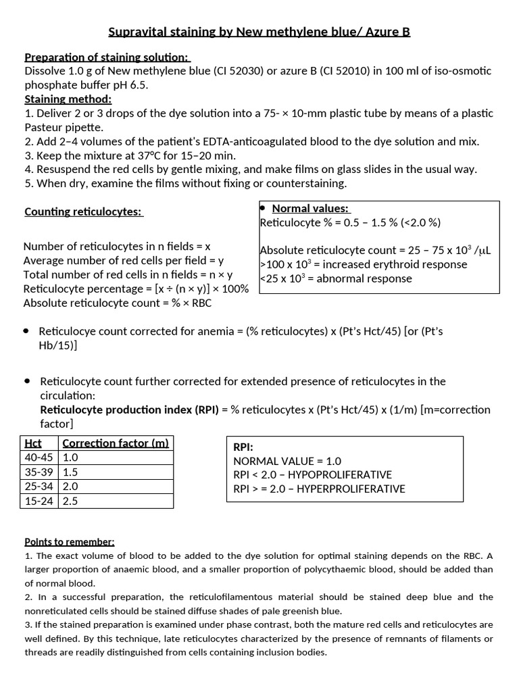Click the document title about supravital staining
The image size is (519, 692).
(x=259, y=32)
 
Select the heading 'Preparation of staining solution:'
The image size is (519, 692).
(x=107, y=57)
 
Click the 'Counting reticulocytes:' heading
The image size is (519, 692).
(x=83, y=212)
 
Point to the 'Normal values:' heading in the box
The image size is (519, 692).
(x=310, y=209)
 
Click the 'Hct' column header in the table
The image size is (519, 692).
(x=32, y=443)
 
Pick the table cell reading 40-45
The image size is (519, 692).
(x=39, y=458)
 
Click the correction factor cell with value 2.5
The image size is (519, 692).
(x=70, y=501)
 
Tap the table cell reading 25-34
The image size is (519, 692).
(x=39, y=487)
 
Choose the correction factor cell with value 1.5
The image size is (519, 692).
(x=70, y=472)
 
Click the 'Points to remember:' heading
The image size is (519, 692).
(x=70, y=542)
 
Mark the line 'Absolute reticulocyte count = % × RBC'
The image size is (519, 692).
(x=117, y=303)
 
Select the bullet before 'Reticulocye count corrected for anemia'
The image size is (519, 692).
(x=26, y=331)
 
